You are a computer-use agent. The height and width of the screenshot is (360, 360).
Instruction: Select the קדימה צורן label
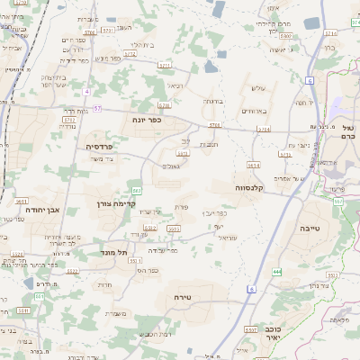(115, 204)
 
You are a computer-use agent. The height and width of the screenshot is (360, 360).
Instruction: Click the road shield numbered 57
(97, 109)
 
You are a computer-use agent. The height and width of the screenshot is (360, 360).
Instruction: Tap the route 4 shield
(86, 92)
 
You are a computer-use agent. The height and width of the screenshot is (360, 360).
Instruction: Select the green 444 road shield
(277, 271)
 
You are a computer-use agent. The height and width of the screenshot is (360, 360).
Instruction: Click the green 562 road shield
(137, 191)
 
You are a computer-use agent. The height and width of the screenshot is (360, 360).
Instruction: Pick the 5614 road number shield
(254, 166)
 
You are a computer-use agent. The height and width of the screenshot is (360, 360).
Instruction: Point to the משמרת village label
(114, 313)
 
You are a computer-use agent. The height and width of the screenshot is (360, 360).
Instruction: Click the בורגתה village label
(212, 102)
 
